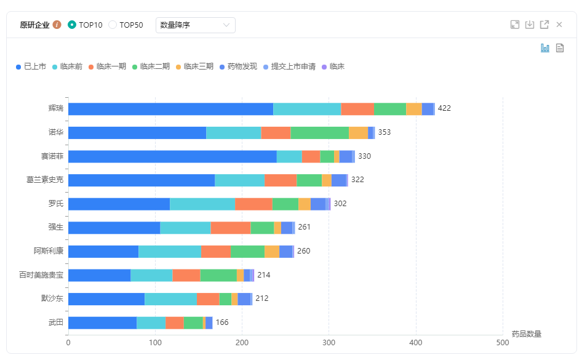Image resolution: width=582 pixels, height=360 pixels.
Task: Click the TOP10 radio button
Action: (x=73, y=25)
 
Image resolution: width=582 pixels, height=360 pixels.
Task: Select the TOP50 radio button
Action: (x=113, y=25)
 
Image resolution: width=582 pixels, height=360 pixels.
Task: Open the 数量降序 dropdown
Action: (x=195, y=25)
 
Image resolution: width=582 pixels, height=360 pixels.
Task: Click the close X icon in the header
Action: (x=559, y=25)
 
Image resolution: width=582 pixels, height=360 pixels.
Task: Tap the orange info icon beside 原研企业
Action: (x=57, y=25)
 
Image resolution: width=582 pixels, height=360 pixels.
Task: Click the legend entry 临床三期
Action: (x=194, y=66)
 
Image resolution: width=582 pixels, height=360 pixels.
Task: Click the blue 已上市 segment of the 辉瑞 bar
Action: (x=170, y=109)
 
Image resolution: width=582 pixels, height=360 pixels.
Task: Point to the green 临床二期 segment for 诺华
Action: (x=319, y=132)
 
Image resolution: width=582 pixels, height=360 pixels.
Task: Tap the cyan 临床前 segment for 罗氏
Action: (x=202, y=204)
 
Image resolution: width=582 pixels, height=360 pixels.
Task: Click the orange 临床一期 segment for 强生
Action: (x=231, y=228)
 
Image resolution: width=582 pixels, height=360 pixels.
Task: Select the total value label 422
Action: (x=444, y=108)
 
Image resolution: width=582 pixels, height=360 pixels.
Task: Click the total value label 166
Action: (x=222, y=322)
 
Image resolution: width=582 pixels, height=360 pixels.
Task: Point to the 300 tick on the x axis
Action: (x=329, y=343)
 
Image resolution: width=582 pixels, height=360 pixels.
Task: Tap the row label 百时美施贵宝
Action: (x=41, y=275)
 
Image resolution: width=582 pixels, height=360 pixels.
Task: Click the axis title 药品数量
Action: (x=527, y=334)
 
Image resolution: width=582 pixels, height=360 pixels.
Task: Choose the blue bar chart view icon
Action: (x=545, y=48)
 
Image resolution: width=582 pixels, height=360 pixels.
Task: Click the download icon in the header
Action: (x=530, y=25)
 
